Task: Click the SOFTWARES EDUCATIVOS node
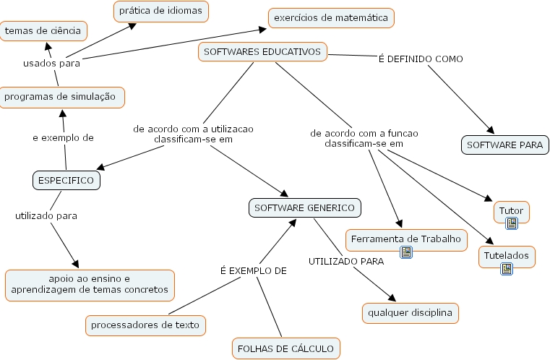(262, 52)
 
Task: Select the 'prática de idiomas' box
(161, 12)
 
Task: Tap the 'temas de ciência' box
(44, 30)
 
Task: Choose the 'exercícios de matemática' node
(332, 17)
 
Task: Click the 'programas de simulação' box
(61, 97)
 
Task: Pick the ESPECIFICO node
(66, 181)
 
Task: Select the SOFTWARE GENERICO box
(305, 208)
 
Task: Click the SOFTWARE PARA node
(504, 145)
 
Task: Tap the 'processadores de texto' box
(145, 325)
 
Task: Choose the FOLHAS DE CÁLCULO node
(285, 348)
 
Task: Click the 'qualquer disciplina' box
(410, 313)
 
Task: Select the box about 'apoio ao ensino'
(90, 285)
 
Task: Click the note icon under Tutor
(512, 223)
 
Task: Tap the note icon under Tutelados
(507, 268)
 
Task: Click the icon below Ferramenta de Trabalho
(406, 252)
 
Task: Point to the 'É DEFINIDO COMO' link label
(421, 59)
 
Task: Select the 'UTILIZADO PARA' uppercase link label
(346, 261)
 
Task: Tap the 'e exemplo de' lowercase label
(64, 137)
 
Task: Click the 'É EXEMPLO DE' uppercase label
(253, 271)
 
